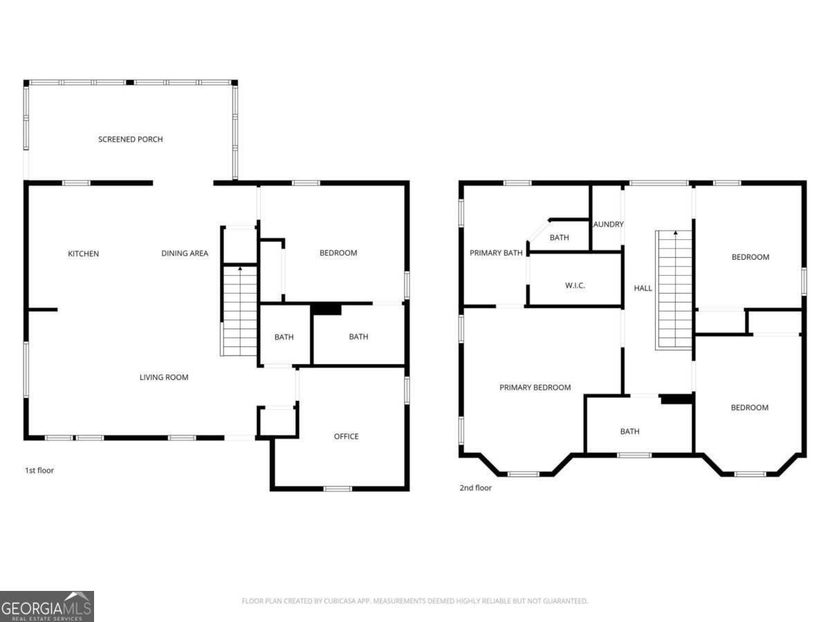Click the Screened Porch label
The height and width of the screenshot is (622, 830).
130,140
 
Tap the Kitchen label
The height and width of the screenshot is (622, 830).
83,254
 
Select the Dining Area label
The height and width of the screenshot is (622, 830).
185,254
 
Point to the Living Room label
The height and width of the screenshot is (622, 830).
164,377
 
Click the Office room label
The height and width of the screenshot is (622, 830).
346,436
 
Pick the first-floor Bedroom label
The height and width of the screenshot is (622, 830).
338,253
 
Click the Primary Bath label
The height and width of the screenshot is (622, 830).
496,253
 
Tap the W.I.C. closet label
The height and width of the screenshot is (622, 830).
575,285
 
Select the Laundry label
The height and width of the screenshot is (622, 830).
608,225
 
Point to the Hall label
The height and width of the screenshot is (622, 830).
643,288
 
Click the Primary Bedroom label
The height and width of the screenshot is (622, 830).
535,388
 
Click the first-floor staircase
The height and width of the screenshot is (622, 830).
239,311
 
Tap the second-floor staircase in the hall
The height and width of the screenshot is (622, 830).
674,290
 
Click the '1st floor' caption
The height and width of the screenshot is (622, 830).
39,471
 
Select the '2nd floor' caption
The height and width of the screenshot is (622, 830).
475,488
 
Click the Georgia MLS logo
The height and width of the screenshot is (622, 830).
47,606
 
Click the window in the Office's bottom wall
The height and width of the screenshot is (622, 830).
338,489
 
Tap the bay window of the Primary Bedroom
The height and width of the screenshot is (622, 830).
524,474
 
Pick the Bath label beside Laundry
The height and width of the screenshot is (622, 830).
559,238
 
